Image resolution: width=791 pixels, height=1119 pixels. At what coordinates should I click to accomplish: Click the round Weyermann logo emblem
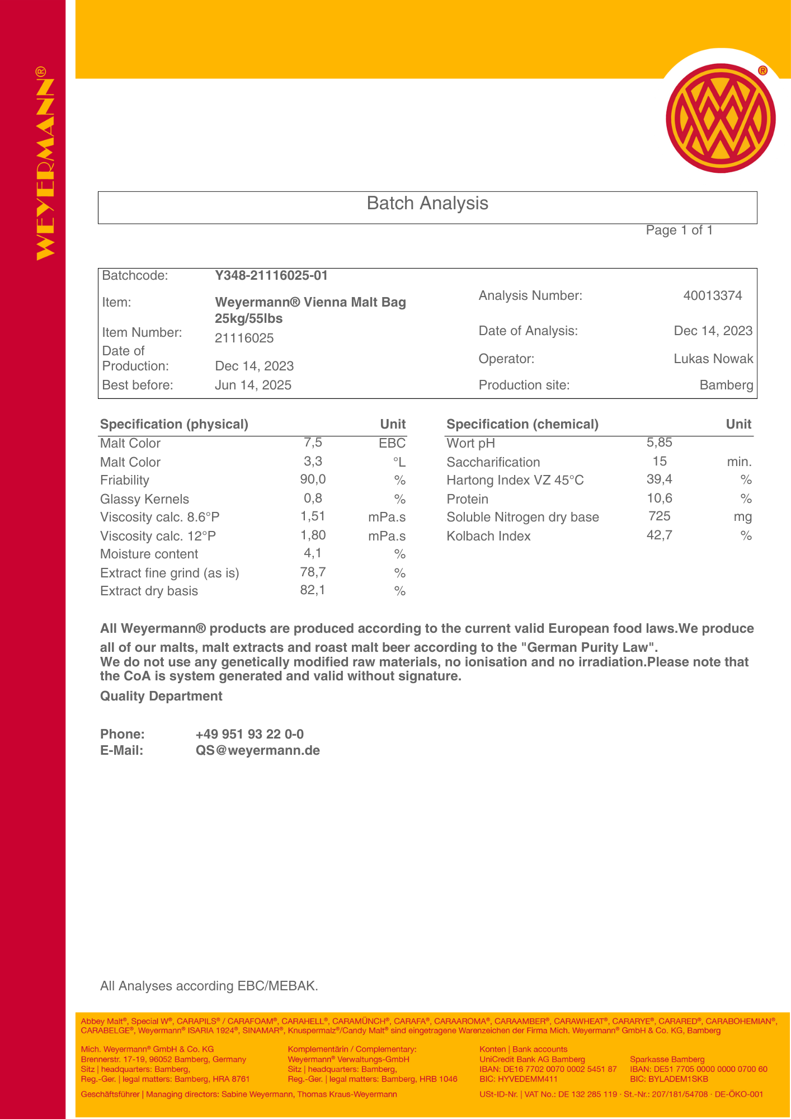click(x=721, y=118)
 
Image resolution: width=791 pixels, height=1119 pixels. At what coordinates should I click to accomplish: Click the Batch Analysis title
click(x=427, y=203)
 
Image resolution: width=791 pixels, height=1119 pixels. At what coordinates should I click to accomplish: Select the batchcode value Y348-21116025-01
click(x=271, y=275)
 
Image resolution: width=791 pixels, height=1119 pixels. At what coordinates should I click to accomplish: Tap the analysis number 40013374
click(x=713, y=295)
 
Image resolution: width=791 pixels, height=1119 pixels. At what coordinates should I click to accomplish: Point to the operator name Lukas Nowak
click(x=713, y=359)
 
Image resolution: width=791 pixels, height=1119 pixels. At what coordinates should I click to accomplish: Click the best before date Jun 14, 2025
click(x=253, y=385)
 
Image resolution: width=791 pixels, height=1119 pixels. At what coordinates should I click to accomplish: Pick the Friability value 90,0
click(x=313, y=479)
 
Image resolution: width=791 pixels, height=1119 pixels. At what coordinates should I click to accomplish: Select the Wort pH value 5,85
click(x=659, y=443)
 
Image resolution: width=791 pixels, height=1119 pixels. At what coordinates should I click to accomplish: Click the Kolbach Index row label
click(x=488, y=536)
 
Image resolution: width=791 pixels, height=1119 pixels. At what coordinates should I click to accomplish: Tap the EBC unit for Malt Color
click(x=392, y=443)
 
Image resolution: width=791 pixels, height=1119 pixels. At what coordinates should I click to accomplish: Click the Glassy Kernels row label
click(x=144, y=499)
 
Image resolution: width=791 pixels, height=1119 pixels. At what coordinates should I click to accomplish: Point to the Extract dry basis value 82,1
click(x=312, y=590)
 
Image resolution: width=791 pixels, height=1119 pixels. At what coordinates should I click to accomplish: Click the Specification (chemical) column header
click(x=522, y=424)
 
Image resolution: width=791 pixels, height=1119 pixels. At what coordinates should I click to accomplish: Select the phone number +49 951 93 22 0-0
click(x=249, y=734)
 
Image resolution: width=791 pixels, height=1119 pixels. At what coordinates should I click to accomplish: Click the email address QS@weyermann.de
click(x=257, y=750)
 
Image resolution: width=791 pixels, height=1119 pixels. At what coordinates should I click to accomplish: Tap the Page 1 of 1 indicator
click(x=679, y=231)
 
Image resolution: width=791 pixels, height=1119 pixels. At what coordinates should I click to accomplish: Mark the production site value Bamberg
click(x=726, y=385)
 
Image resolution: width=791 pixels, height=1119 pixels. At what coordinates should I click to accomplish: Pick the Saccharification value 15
click(x=660, y=462)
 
